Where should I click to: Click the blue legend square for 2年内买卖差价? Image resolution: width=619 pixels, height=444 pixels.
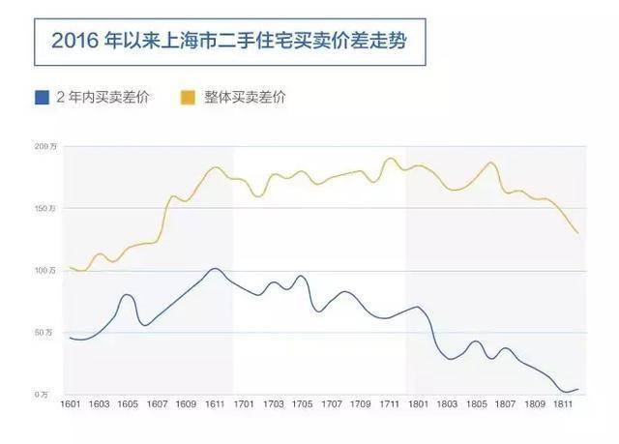pyautogui.click(x=42, y=97)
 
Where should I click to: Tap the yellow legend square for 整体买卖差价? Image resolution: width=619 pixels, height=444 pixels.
pyautogui.click(x=188, y=97)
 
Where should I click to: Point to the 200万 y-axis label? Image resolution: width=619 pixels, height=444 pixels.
pyautogui.click(x=46, y=146)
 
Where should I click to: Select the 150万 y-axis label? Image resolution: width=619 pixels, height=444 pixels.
pyautogui.click(x=46, y=208)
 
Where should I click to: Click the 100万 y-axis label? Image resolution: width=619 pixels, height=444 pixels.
pyautogui.click(x=46, y=270)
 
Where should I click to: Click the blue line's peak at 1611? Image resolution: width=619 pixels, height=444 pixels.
pyautogui.click(x=215, y=268)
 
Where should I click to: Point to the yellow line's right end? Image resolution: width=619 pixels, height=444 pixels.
pyautogui.click(x=578, y=233)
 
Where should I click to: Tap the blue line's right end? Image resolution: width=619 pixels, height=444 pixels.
pyautogui.click(x=578, y=389)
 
